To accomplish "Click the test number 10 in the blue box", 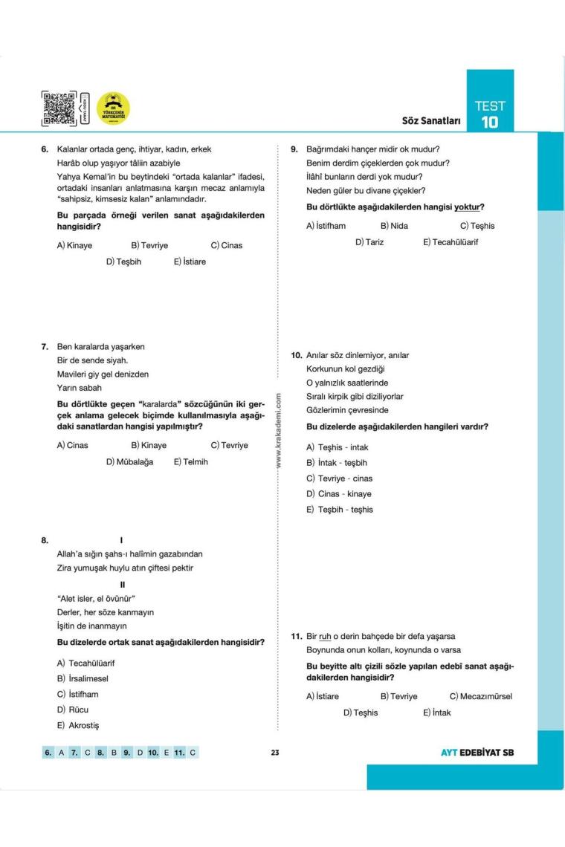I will [x=488, y=122].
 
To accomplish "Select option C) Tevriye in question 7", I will [x=229, y=446].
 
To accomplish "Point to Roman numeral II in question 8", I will [x=123, y=583].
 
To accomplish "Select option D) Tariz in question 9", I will [x=369, y=242].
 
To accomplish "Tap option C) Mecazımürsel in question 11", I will [x=480, y=696].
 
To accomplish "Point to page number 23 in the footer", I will [x=274, y=753].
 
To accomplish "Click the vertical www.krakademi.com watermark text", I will [x=278, y=431].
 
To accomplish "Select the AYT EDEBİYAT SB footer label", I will [x=477, y=753].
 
